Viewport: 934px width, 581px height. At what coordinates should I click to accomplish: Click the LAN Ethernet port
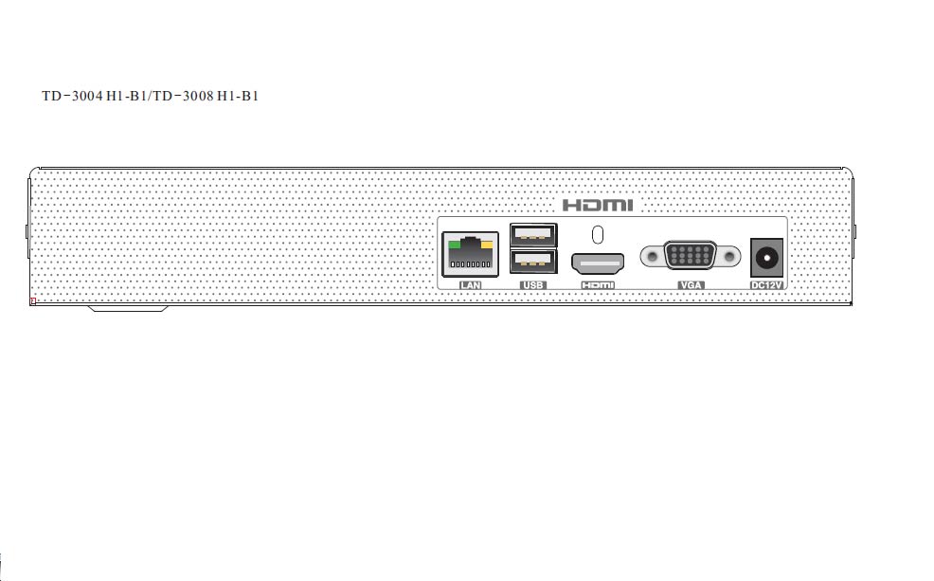click(x=470, y=254)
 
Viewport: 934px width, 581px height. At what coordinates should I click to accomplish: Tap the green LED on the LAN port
click(x=455, y=245)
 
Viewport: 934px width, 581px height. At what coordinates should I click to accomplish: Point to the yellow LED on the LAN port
click(x=487, y=245)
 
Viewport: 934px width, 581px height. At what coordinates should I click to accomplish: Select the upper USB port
click(x=533, y=235)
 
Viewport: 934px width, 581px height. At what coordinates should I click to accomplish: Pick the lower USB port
click(x=533, y=261)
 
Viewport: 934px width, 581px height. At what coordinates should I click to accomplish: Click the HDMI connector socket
click(x=598, y=263)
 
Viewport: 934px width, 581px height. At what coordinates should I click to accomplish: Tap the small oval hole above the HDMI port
click(x=598, y=235)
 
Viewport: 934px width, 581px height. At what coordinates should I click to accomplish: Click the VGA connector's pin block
click(x=690, y=256)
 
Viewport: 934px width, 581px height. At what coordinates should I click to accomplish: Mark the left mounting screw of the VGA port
click(x=653, y=256)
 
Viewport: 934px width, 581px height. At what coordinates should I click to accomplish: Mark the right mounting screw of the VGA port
click(x=728, y=256)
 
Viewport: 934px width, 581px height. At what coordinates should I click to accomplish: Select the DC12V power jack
click(x=766, y=258)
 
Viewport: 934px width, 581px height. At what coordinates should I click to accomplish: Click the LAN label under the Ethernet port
click(x=470, y=285)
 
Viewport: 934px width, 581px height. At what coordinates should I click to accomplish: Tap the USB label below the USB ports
click(x=532, y=285)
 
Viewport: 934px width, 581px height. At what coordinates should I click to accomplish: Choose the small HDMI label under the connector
click(x=598, y=285)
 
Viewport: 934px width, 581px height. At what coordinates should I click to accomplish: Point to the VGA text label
click(x=691, y=285)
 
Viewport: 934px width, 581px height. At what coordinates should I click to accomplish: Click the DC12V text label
click(x=766, y=285)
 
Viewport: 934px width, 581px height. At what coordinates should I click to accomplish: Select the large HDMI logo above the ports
click(x=598, y=205)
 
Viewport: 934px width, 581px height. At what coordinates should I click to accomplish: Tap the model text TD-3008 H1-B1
click(x=206, y=96)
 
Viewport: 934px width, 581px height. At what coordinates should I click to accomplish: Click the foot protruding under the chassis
click(x=128, y=308)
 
